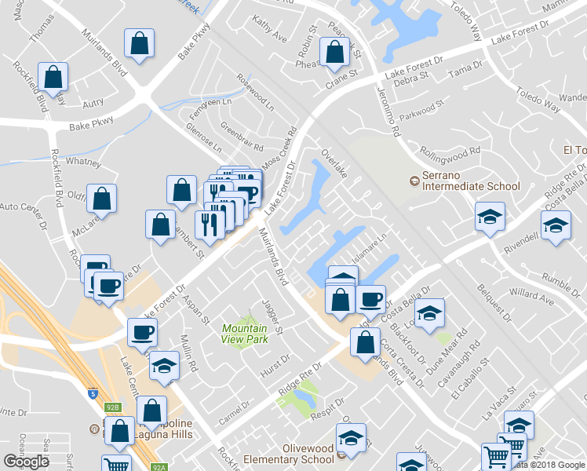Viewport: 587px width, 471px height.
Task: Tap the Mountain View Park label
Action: pyautogui.click(x=244, y=334)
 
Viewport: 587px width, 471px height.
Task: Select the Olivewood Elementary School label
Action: pyautogui.click(x=288, y=459)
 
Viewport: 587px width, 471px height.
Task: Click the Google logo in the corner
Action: pyautogui.click(x=26, y=462)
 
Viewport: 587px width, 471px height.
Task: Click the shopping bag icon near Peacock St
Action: pyautogui.click(x=335, y=52)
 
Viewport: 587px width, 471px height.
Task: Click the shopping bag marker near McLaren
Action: pyautogui.click(x=101, y=199)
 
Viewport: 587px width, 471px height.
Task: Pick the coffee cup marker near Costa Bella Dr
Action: pyautogui.click(x=370, y=298)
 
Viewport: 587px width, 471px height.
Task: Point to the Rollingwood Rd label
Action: pyautogui.click(x=450, y=151)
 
